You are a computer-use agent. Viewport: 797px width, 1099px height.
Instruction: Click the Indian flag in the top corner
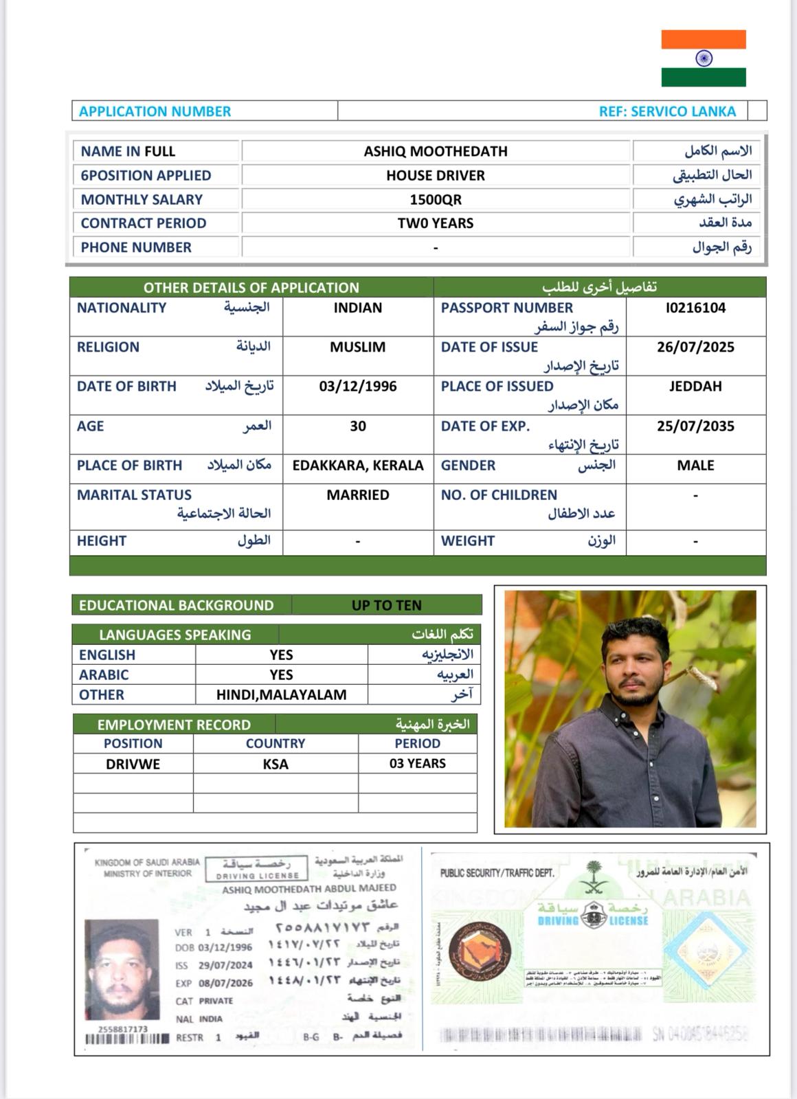point(704,58)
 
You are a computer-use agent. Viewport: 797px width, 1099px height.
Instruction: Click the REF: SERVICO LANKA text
point(666,111)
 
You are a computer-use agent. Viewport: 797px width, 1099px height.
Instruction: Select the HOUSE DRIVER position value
point(436,175)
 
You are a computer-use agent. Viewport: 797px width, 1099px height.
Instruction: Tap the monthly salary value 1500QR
point(436,199)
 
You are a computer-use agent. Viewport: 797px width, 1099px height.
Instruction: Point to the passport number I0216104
point(695,308)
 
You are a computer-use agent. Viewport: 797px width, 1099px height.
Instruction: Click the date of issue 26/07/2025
point(695,347)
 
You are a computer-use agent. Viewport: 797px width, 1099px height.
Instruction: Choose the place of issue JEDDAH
point(695,386)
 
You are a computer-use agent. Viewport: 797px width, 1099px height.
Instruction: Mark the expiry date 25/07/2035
point(695,426)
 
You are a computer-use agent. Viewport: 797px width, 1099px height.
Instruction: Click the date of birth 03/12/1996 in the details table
point(357,386)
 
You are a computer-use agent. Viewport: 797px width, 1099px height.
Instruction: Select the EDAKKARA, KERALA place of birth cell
point(357,465)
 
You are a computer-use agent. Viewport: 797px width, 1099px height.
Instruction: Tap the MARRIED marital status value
point(357,495)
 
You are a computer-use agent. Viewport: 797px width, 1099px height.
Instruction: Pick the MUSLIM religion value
point(357,347)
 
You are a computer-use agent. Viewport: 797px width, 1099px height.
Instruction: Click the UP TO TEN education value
point(386,605)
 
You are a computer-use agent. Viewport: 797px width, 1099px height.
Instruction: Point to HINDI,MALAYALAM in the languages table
point(281,694)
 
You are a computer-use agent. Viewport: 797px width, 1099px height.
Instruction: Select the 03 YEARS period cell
point(417,763)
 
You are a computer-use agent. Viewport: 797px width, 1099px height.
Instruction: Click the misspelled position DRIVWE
point(133,764)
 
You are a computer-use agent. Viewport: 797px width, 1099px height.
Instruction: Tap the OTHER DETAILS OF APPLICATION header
point(251,287)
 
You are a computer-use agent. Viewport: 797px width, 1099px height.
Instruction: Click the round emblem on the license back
point(480,953)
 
